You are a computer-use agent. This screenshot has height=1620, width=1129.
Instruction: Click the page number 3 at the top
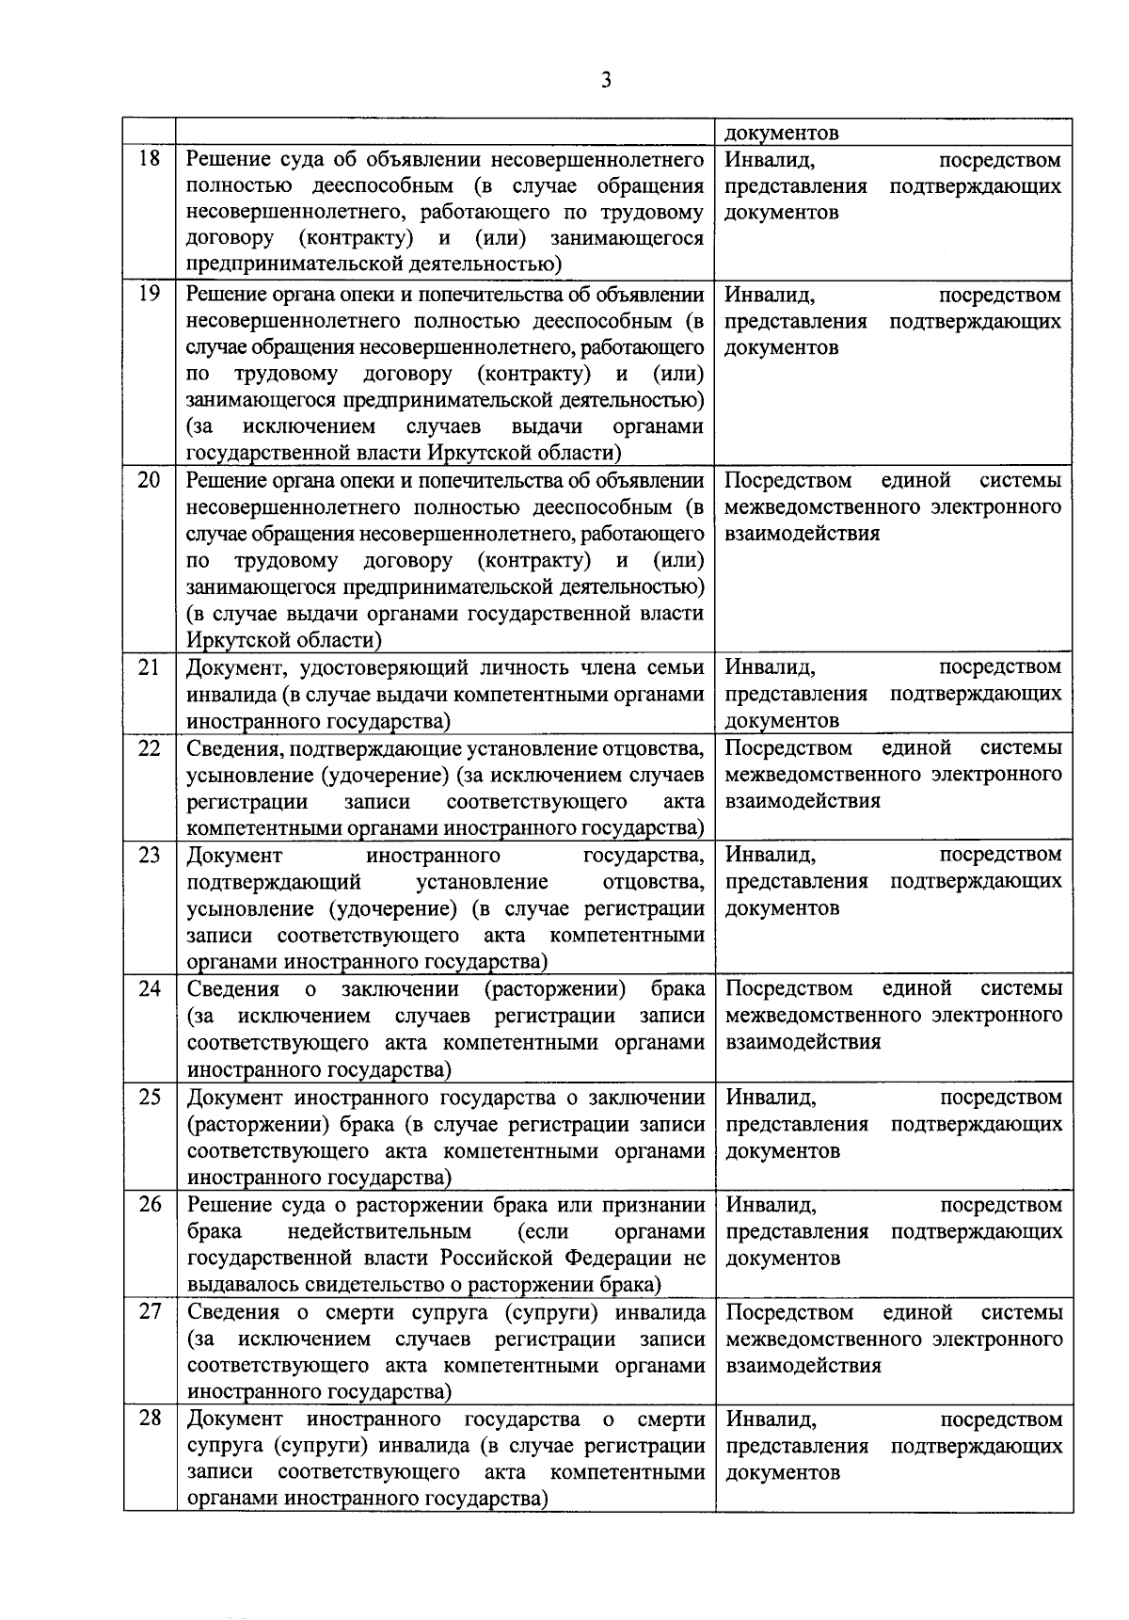[x=606, y=81]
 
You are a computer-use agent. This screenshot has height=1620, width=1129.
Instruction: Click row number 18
[x=150, y=158]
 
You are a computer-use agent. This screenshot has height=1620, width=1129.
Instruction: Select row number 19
[x=150, y=294]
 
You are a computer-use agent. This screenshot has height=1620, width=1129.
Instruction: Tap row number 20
[x=150, y=480]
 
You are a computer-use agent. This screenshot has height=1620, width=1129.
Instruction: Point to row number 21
[x=150, y=667]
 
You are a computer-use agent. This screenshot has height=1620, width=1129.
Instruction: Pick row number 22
[x=150, y=748]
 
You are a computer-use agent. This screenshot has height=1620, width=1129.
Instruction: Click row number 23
[x=150, y=855]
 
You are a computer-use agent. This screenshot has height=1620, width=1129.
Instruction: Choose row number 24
[x=150, y=989]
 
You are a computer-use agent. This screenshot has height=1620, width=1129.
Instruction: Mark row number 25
[x=150, y=1098]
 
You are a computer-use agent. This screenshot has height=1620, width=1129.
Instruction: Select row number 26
[x=150, y=1205]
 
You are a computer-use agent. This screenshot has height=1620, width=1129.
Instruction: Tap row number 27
[x=150, y=1312]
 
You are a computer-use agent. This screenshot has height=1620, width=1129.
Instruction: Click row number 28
[x=150, y=1419]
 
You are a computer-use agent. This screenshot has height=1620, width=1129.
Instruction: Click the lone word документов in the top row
[x=782, y=133]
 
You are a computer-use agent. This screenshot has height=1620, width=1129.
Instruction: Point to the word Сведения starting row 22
[x=232, y=748]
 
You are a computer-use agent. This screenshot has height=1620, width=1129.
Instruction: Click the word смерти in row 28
[x=671, y=1419]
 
